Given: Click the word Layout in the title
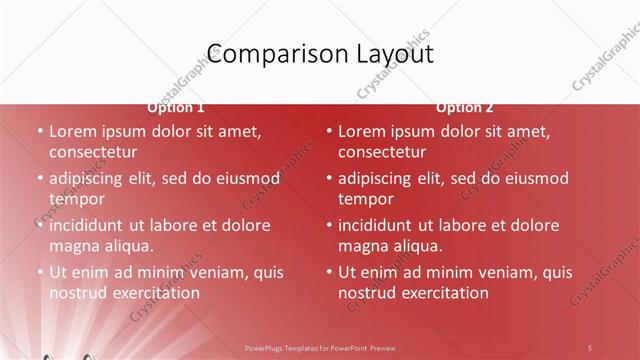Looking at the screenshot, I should (387, 53).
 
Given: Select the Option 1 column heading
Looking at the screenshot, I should (176, 107).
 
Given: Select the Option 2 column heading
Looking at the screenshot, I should (464, 107).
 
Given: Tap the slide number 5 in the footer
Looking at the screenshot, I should (590, 347).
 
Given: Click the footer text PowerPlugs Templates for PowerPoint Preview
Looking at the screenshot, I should (320, 347).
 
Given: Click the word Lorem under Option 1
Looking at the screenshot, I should (73, 131).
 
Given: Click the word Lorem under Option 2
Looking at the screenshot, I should (362, 131).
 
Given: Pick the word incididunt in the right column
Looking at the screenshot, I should (385, 225).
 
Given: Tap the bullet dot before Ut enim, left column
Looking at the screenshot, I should (40, 272).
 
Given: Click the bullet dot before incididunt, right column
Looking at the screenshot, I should (329, 225).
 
